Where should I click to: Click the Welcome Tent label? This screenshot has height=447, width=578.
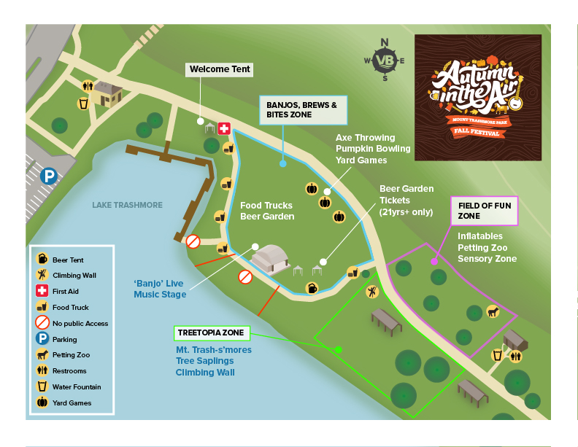220,70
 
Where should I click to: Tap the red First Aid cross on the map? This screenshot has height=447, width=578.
224,128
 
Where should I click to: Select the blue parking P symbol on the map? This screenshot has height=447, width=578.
49,176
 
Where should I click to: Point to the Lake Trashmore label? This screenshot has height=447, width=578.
127,205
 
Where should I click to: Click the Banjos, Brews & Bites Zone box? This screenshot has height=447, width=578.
303,109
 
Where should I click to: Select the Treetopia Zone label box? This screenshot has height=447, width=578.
212,333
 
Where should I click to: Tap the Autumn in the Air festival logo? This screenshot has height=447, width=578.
477,97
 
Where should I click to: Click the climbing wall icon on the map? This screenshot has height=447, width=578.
373,292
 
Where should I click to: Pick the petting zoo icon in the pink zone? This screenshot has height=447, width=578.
493,311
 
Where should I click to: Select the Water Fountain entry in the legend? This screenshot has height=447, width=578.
71,387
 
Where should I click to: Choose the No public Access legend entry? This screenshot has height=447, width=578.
72,323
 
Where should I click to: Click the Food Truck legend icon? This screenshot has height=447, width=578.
42,307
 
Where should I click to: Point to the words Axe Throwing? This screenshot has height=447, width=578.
365,137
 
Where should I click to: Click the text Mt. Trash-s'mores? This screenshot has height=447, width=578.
213,350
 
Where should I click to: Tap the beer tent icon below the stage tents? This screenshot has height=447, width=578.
312,288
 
